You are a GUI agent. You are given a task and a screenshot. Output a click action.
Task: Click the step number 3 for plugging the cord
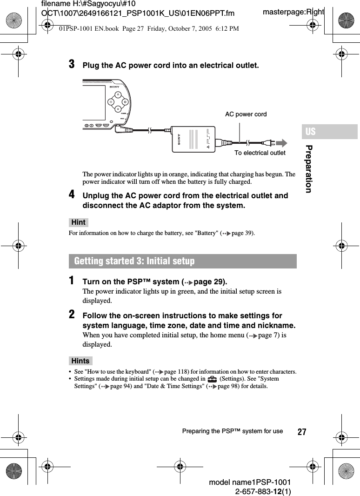72,64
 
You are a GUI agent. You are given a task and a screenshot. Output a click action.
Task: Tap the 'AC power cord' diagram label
246,114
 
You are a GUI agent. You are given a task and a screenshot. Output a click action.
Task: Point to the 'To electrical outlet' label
260,153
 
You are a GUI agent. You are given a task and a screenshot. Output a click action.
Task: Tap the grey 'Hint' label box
79,222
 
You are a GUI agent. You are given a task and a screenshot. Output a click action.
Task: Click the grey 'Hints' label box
80,361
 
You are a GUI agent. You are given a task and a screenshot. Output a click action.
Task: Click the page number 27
302,432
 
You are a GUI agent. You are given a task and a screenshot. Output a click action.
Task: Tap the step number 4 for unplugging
72,194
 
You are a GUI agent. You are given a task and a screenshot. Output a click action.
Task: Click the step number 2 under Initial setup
72,315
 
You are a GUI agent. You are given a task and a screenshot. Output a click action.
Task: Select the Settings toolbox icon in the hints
212,379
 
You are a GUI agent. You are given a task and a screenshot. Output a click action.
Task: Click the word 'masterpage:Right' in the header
293,12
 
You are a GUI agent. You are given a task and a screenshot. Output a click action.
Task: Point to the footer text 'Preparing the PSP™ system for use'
233,431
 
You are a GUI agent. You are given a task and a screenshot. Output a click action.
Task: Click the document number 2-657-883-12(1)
263,491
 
